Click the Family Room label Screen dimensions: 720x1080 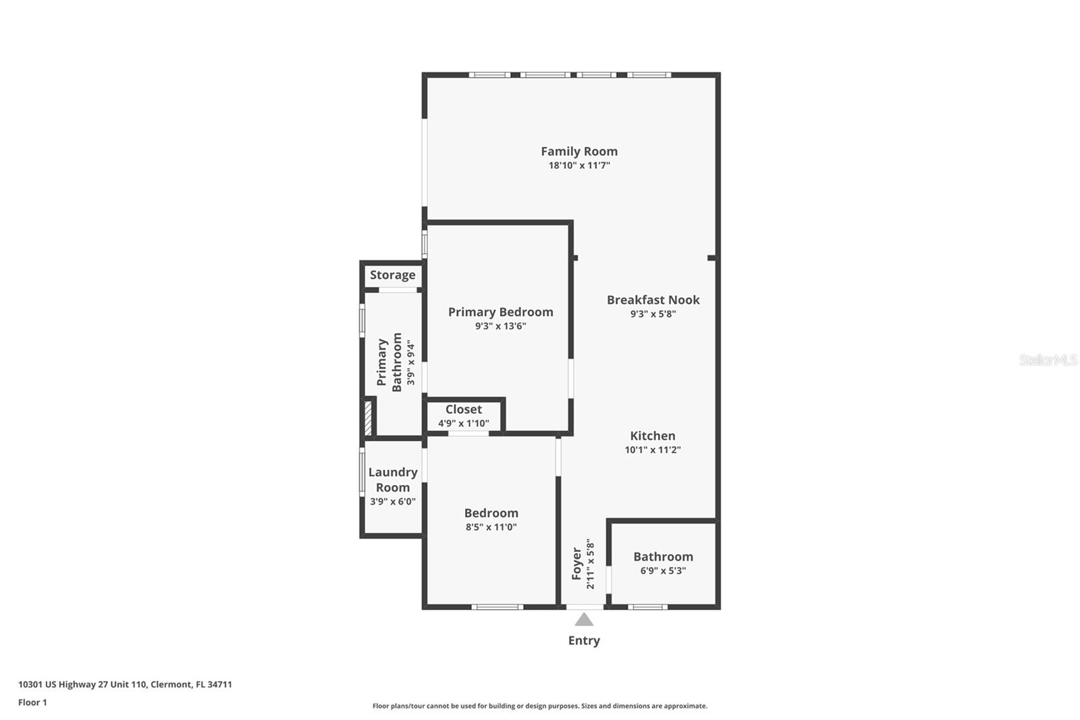(579, 151)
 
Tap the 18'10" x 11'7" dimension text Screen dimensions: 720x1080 (579, 165)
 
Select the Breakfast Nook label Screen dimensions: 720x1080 (653, 300)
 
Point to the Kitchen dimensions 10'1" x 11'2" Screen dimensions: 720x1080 (653, 450)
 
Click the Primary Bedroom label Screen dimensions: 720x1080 (500, 312)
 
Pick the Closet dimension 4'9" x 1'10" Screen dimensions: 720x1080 (464, 423)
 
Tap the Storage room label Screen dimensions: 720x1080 (392, 275)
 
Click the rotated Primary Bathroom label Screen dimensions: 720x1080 (389, 362)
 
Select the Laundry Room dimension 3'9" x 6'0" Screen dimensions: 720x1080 (393, 501)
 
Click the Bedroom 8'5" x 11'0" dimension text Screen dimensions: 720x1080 (491, 528)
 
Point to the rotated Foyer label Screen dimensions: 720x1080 (576, 563)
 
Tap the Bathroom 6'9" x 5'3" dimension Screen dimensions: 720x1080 (663, 571)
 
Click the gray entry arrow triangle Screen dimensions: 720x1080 (584, 620)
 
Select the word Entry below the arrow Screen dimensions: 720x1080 (584, 640)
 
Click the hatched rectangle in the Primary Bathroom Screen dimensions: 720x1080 (368, 418)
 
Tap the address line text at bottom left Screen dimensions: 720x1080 (125, 684)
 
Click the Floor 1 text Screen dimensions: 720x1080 (32, 702)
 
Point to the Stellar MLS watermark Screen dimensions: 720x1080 (1048, 360)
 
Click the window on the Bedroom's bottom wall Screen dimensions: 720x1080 (497, 607)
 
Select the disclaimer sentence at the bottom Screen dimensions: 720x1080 (540, 706)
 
